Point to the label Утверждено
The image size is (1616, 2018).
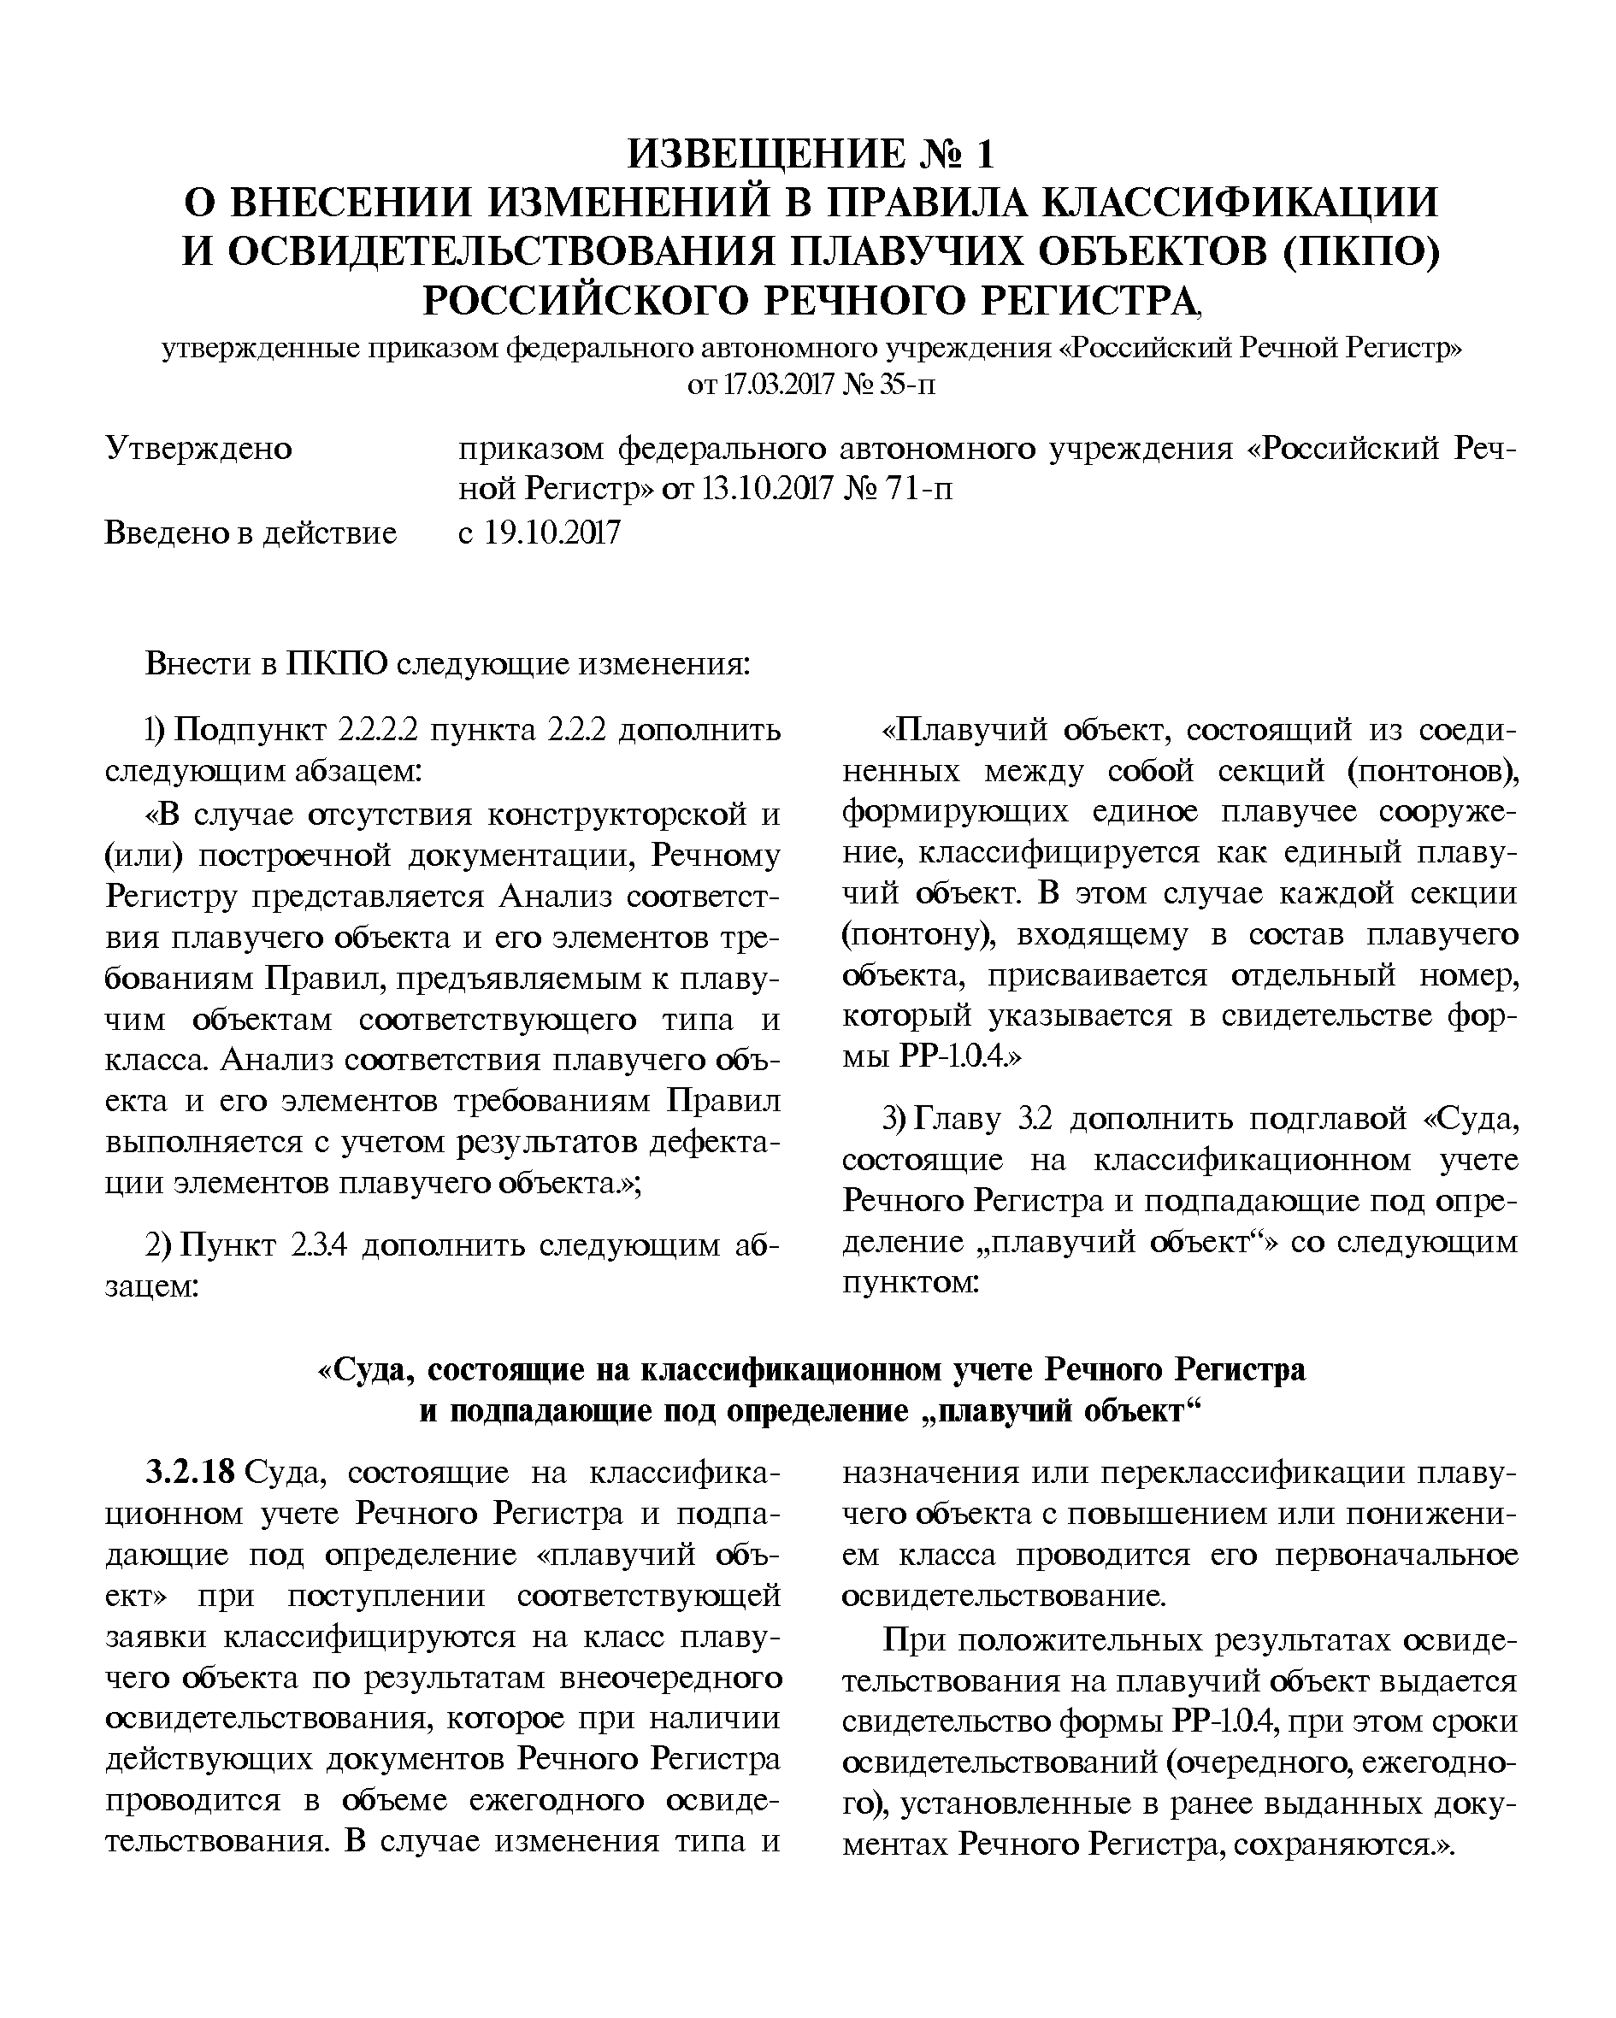[198, 450]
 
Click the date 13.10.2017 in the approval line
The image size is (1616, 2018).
[767, 490]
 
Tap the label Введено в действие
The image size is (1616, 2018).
[251, 533]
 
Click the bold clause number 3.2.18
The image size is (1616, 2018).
[190, 1473]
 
